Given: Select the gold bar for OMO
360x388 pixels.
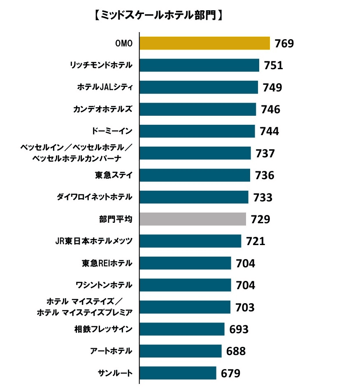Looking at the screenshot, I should click(x=204, y=43).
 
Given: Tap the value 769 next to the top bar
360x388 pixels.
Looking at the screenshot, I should click(x=284, y=43).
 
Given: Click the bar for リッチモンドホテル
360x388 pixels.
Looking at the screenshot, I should click(x=199, y=65).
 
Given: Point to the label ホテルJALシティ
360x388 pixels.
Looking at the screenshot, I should click(x=105, y=87).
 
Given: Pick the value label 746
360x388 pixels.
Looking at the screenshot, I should click(x=270, y=109).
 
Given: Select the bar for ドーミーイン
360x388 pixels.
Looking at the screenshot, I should click(x=197, y=131).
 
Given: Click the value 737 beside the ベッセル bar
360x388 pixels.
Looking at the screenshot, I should click(x=265, y=153).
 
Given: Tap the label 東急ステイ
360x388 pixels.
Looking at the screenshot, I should click(x=114, y=175).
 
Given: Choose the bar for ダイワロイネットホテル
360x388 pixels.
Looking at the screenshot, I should click(x=194, y=197).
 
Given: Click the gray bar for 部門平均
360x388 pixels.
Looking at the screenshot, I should click(x=193, y=219).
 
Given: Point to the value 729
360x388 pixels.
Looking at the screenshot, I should click(x=260, y=219).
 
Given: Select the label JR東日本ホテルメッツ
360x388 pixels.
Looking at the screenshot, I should click(x=94, y=241).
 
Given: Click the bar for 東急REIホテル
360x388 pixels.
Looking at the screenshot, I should click(x=185, y=263).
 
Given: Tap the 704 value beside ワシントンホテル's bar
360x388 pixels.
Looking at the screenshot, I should click(x=246, y=285).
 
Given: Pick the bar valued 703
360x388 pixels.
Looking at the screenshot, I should click(x=185, y=307).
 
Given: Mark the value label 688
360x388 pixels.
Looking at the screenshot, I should click(x=236, y=351).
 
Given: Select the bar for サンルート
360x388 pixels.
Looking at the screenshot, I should click(x=178, y=373).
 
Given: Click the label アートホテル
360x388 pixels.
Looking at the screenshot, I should click(x=111, y=351).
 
